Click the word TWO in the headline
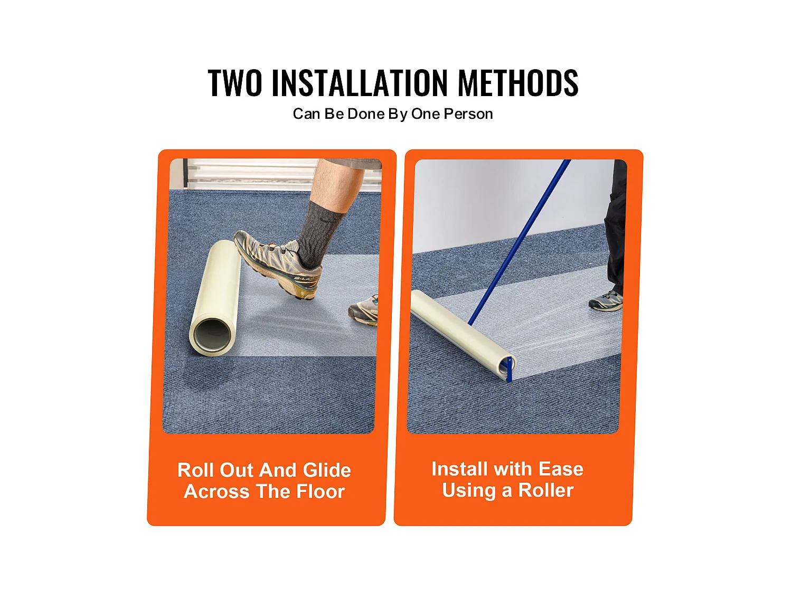[235, 83]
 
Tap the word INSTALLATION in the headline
[360, 83]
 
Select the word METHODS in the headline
[518, 83]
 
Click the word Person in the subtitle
[468, 114]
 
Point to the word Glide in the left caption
[326, 470]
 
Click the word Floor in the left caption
[320, 491]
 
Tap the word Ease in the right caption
[561, 469]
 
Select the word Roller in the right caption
[546, 490]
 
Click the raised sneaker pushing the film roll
[278, 263]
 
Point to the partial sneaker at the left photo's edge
[364, 310]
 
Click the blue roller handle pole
[520, 242]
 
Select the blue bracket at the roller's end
[509, 369]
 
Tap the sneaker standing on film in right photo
[606, 301]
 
